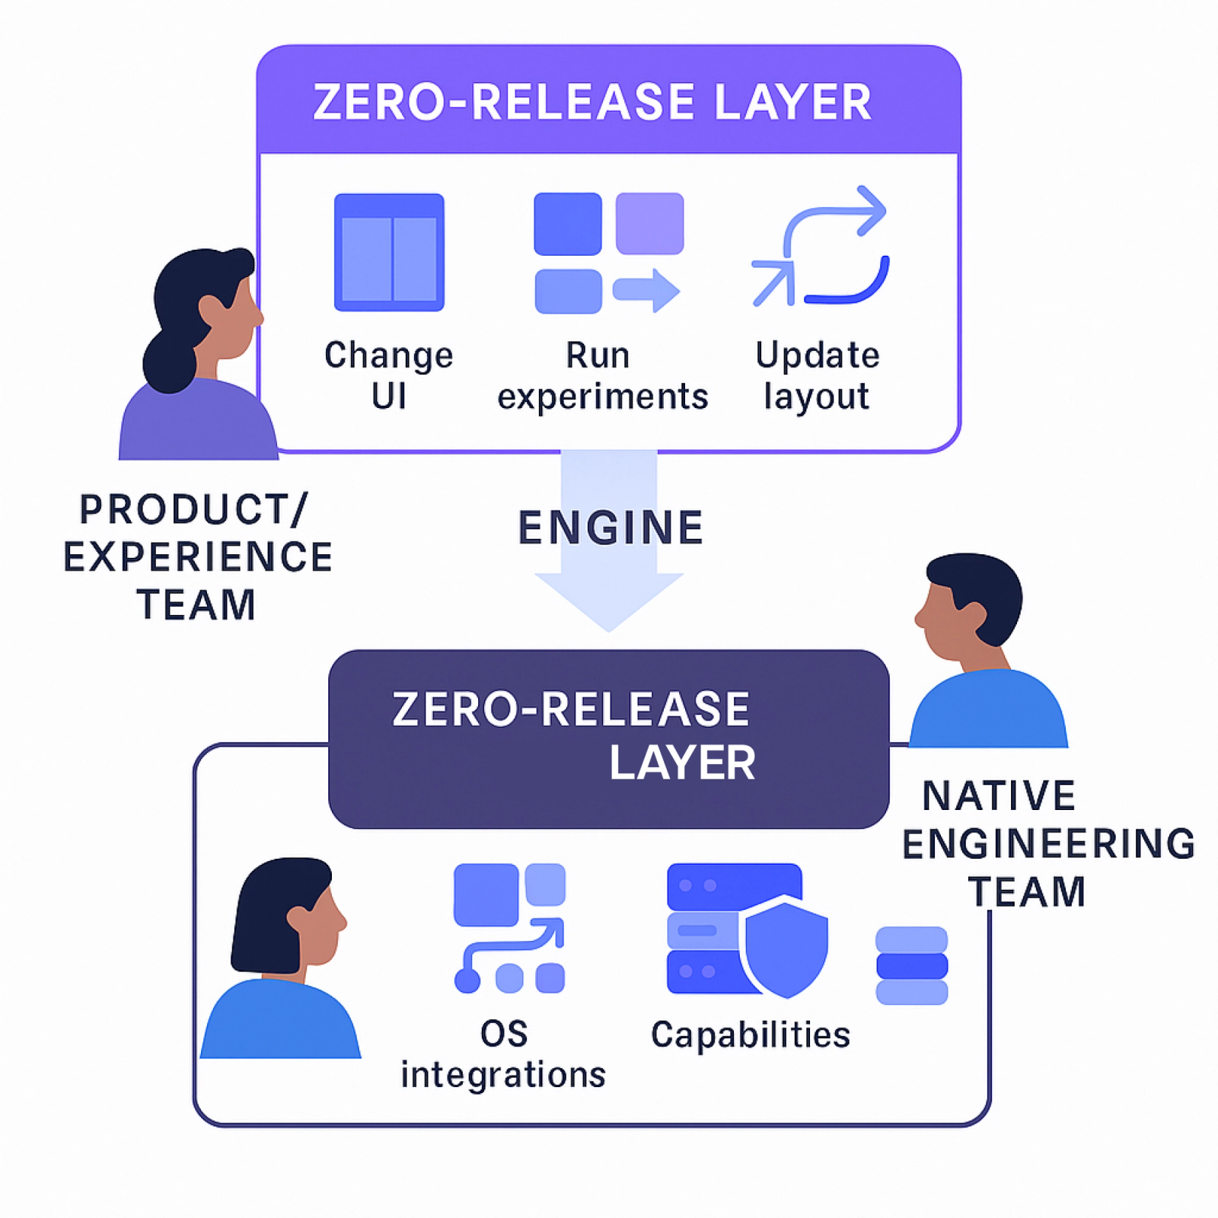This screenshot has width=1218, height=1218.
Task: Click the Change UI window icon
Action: [x=389, y=253]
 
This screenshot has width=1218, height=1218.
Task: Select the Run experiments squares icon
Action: [x=607, y=253]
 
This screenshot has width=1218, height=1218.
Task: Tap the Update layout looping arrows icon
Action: [x=821, y=247]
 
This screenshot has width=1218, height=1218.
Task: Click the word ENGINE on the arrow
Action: [x=611, y=528]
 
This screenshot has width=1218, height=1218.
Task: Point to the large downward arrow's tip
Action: [x=609, y=629]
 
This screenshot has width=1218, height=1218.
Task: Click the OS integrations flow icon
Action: [x=509, y=928]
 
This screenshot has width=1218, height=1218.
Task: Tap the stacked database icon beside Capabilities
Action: [x=911, y=965]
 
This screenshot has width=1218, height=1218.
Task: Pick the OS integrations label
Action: [x=503, y=1054]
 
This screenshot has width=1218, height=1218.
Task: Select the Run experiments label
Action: [x=602, y=376]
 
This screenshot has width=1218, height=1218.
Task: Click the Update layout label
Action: [x=818, y=376]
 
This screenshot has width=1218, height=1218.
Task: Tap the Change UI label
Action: [x=389, y=376]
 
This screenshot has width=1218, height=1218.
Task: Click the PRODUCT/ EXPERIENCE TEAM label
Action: [x=197, y=557]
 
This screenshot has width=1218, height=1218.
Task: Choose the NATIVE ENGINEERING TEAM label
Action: [x=1047, y=843]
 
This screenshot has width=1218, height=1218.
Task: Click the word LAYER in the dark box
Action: [x=682, y=763]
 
